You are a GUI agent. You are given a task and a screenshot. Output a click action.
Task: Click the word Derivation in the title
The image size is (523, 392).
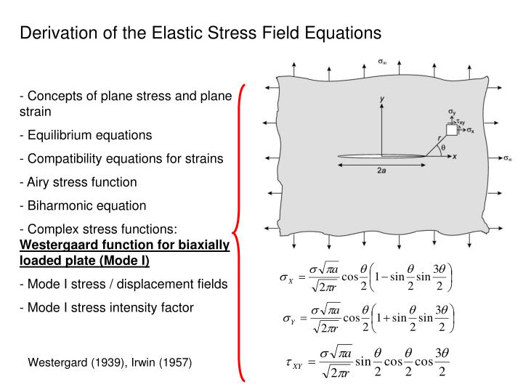tap(54, 33)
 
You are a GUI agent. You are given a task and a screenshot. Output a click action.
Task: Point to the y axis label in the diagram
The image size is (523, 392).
tap(382, 98)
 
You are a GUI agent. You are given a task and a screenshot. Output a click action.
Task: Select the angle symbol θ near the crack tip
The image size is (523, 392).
tap(442, 149)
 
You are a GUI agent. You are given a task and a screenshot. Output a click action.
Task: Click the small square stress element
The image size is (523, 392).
tap(451, 130)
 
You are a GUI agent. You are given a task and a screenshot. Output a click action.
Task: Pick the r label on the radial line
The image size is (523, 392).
tap(438, 137)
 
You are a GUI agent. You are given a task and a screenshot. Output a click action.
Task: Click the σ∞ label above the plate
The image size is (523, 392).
tap(382, 63)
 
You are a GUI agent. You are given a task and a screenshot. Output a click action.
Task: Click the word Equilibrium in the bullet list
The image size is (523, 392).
tap(55, 135)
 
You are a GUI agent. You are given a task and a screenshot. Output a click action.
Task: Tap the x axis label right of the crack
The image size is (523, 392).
tap(454, 156)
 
